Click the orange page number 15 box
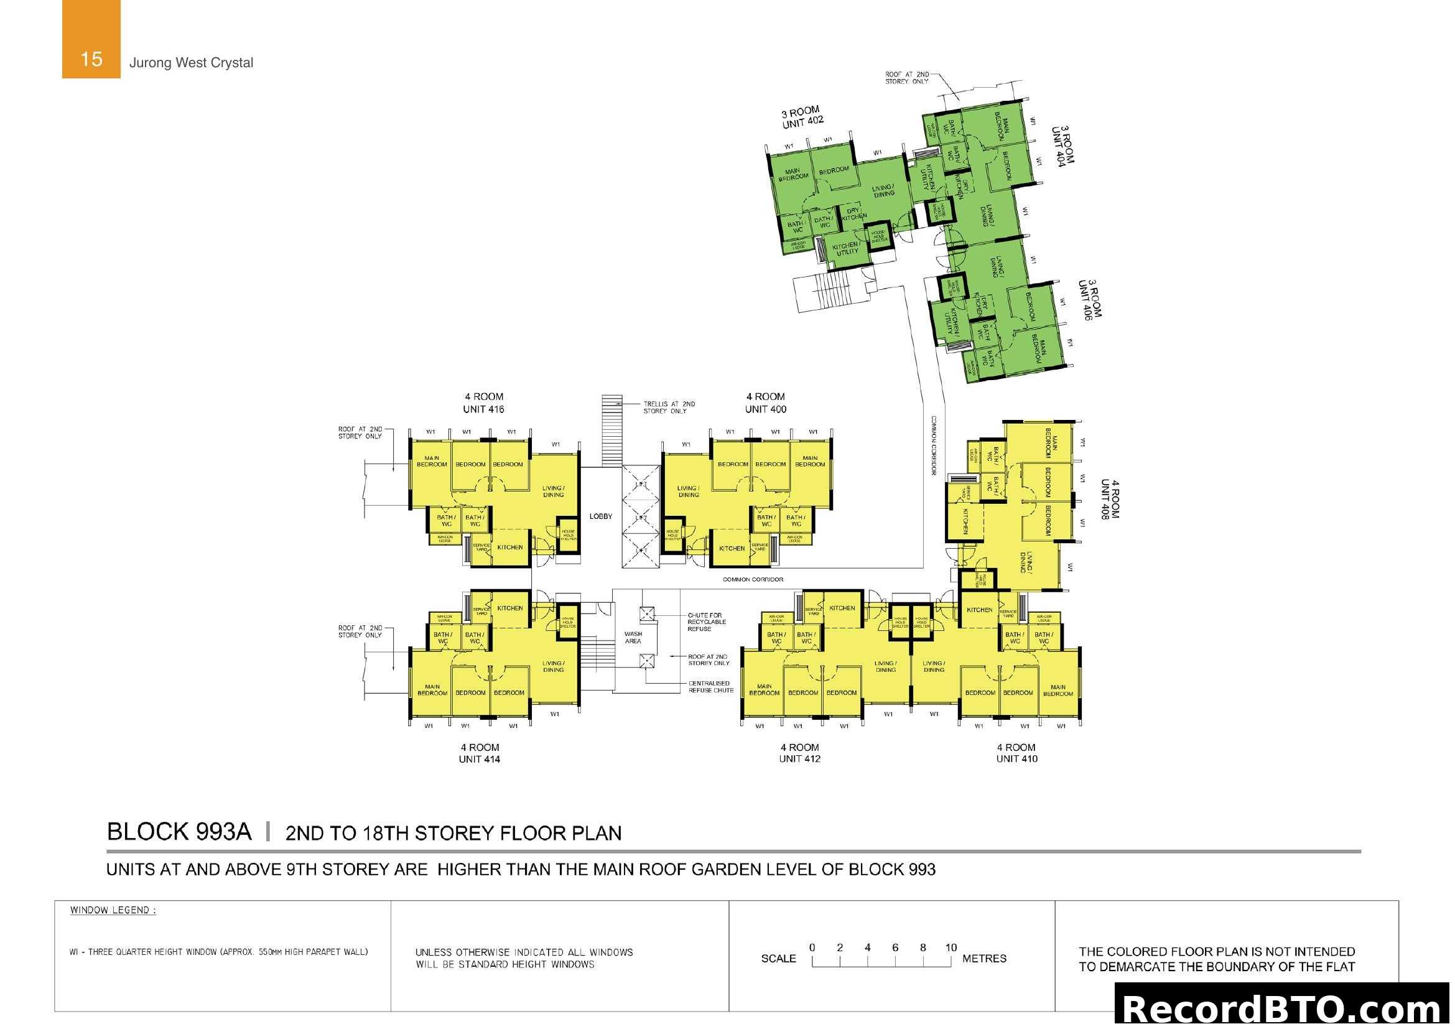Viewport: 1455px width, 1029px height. point(91,39)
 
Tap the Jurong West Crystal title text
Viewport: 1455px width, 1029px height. point(191,63)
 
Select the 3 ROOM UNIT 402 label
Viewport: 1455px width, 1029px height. point(802,117)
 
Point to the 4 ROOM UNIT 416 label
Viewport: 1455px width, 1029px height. point(483,403)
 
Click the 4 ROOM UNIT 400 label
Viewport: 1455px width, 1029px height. point(766,403)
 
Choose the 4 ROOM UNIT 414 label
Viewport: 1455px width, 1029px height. point(480,753)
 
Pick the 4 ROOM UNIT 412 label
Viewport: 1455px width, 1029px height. point(800,753)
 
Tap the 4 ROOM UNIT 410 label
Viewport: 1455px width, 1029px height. point(1016,753)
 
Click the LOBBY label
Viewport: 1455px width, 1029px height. point(601,516)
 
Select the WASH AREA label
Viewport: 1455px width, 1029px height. point(633,638)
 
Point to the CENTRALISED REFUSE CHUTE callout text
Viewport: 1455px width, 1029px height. point(710,687)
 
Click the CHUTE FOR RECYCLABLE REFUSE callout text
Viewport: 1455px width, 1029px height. point(706,622)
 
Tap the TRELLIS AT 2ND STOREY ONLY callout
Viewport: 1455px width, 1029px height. point(669,407)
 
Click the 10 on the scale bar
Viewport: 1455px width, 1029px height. point(951,948)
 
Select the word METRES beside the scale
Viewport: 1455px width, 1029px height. point(984,959)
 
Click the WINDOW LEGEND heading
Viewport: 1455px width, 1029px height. point(113,911)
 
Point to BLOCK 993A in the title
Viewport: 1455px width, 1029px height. point(179,832)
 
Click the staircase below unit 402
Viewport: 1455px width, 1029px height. point(824,293)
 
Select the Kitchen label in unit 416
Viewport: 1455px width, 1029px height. point(510,547)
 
